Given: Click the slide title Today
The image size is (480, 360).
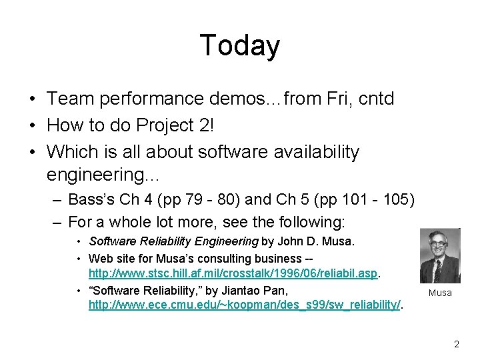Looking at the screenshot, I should pyautogui.click(x=239, y=45).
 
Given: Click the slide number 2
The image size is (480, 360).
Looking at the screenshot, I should pyautogui.click(x=456, y=344).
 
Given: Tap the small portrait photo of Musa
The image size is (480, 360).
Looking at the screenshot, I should pyautogui.click(x=439, y=256).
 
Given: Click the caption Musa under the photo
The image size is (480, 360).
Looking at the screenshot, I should pyautogui.click(x=439, y=293).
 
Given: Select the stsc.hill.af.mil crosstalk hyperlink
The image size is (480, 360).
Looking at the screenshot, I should pyautogui.click(x=233, y=273).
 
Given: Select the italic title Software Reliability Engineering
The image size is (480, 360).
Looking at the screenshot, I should pyautogui.click(x=173, y=241).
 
